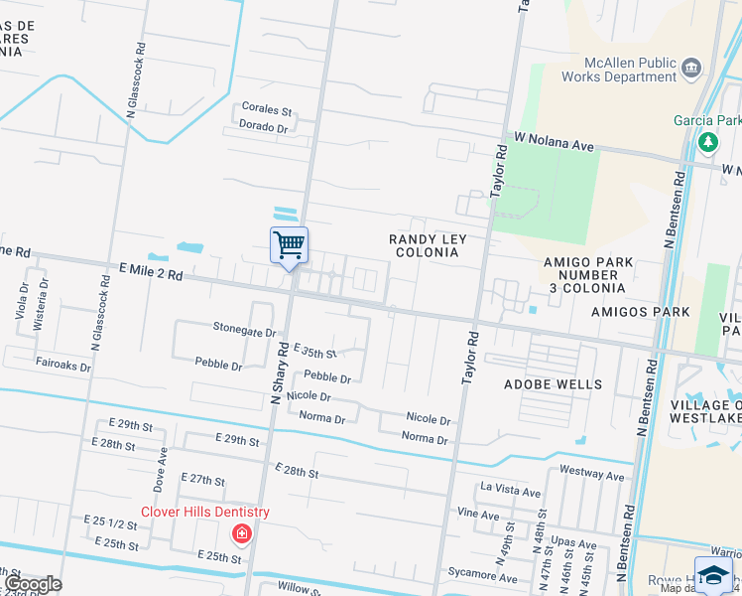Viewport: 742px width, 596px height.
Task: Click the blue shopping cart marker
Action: [289, 243]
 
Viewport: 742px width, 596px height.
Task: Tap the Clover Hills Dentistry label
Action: [205, 513]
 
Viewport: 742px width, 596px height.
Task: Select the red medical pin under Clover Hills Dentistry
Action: [240, 535]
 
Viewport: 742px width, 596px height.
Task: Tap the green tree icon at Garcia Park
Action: [708, 142]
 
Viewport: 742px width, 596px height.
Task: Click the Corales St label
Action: [267, 109]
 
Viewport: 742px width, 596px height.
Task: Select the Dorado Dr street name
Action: [263, 127]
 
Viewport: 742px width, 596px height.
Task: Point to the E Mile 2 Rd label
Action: [150, 270]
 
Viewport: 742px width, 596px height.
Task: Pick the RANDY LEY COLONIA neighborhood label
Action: [428, 245]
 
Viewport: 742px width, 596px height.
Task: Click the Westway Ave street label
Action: [592, 476]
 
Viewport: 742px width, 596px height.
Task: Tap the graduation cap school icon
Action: [713, 575]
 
